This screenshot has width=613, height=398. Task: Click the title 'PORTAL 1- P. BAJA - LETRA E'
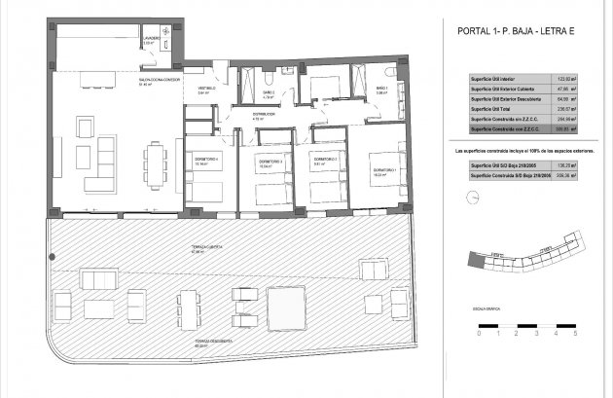click(515, 31)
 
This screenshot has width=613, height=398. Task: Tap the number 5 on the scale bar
click(575, 333)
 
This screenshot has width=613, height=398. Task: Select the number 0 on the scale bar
click(469, 333)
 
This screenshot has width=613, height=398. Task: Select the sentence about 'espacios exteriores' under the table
click(523, 153)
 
